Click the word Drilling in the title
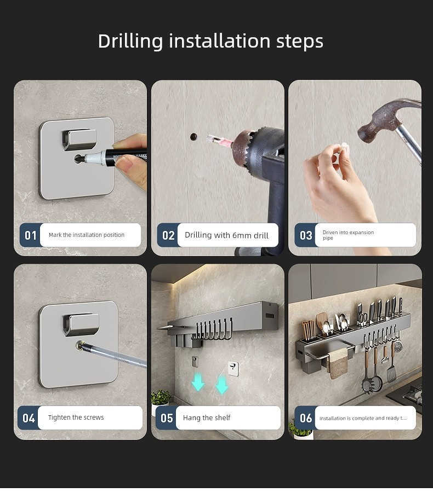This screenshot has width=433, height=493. tap(130, 42)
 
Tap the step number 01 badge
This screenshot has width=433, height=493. tap(31, 235)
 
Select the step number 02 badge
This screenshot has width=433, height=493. tap(168, 235)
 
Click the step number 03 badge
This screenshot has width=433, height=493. tap(305, 235)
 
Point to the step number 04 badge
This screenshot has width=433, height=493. tap(29, 418)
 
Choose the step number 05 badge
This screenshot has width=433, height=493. tap(166, 418)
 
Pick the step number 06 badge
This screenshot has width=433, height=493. tap(305, 418)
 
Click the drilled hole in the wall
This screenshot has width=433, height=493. tap(193, 137)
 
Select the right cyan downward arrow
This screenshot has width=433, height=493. tap(221, 385)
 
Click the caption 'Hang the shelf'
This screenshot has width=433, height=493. tap(207, 418)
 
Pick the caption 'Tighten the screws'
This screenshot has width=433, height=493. tap(76, 417)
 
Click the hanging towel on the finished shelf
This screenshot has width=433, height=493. tap(339, 365)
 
